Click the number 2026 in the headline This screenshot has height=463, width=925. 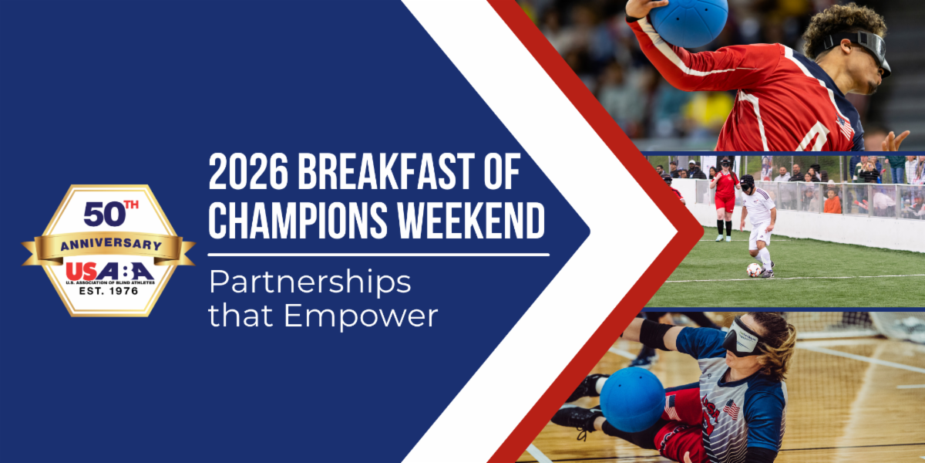[248, 171]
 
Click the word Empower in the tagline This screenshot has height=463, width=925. [361, 316]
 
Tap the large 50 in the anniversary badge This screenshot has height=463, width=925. [105, 215]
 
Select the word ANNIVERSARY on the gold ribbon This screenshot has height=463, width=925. [111, 245]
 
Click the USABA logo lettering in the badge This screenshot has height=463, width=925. [109, 271]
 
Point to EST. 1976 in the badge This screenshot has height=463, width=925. [109, 291]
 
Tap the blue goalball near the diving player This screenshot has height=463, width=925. [632, 400]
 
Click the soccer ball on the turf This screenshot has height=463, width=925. [754, 270]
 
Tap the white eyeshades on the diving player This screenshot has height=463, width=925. [743, 337]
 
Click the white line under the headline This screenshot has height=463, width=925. [378, 255]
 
